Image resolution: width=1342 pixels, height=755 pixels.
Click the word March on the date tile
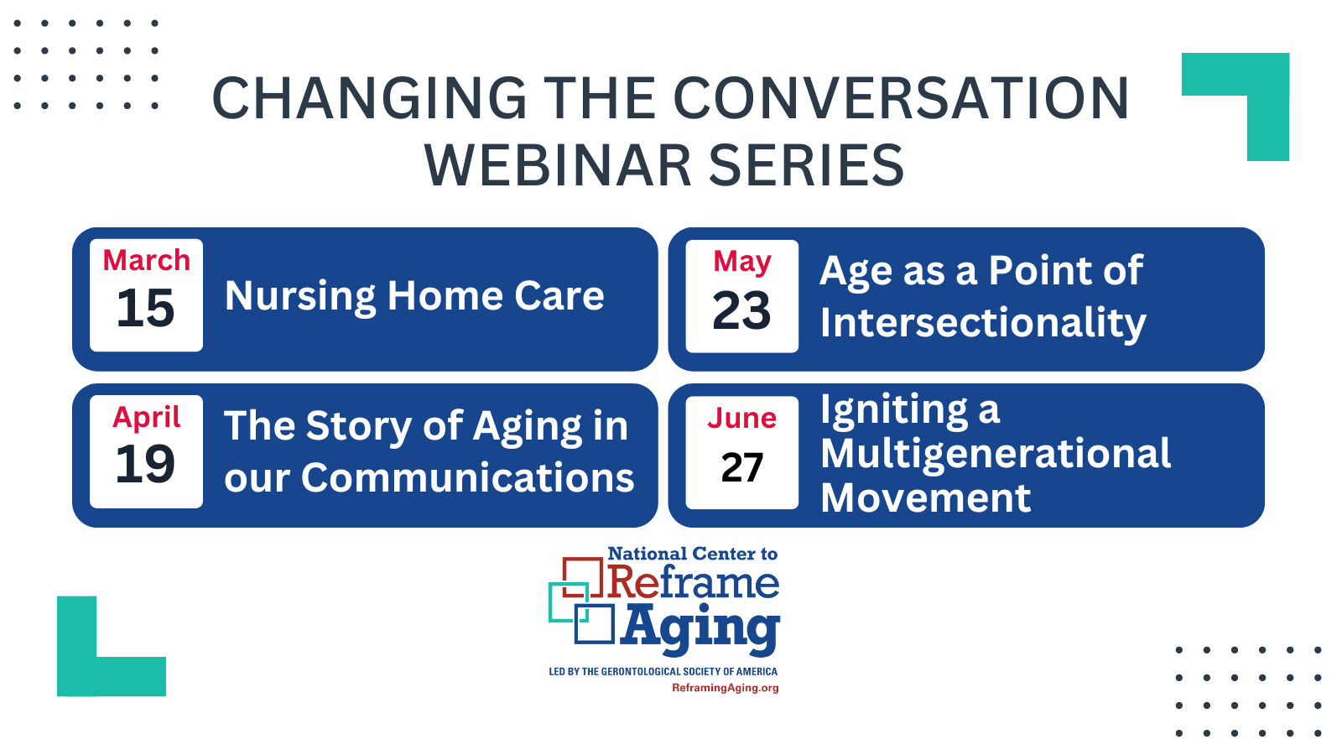146,261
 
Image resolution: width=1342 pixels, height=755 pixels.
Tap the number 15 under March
145,309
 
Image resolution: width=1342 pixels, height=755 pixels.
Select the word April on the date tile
146,417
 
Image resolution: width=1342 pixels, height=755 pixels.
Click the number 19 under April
145,464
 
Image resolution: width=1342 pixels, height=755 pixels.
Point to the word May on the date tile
741,262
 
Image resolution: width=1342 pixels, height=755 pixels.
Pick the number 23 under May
741,311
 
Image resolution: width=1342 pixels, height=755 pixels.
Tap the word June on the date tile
741,418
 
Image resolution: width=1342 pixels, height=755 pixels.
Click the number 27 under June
741,467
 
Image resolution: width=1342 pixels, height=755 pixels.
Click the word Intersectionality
982,323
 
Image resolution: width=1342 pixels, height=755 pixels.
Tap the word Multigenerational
995,454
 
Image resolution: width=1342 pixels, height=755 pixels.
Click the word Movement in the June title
924,498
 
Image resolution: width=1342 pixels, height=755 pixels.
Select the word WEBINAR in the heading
558,165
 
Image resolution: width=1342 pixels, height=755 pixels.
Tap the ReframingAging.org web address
725,688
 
